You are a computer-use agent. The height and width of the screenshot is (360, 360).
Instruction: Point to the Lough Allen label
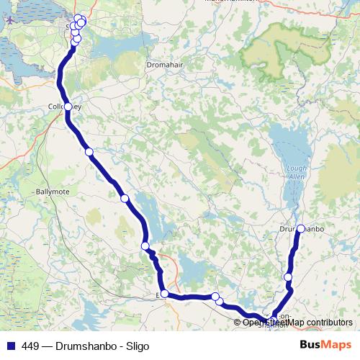pyautogui.click(x=296, y=172)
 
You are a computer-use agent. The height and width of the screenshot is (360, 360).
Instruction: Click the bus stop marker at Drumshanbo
pyautogui.click(x=300, y=229)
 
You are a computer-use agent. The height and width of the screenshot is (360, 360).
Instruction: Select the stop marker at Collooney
pyautogui.click(x=68, y=107)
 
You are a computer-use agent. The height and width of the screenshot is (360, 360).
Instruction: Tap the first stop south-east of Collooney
pyautogui.click(x=89, y=152)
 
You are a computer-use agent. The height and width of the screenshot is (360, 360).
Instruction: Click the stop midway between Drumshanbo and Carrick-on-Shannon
pyautogui.click(x=288, y=277)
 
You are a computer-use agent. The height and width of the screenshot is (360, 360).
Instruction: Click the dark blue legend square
pyautogui.click(x=9, y=346)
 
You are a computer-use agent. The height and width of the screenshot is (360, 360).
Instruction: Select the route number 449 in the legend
pyautogui.click(x=30, y=346)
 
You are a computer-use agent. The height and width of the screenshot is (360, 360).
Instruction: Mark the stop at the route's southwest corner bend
pyautogui.click(x=165, y=293)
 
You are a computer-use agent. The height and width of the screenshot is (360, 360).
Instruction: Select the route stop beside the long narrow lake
pyautogui.click(x=145, y=246)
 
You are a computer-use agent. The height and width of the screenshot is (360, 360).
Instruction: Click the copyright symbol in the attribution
pyautogui.click(x=238, y=323)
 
